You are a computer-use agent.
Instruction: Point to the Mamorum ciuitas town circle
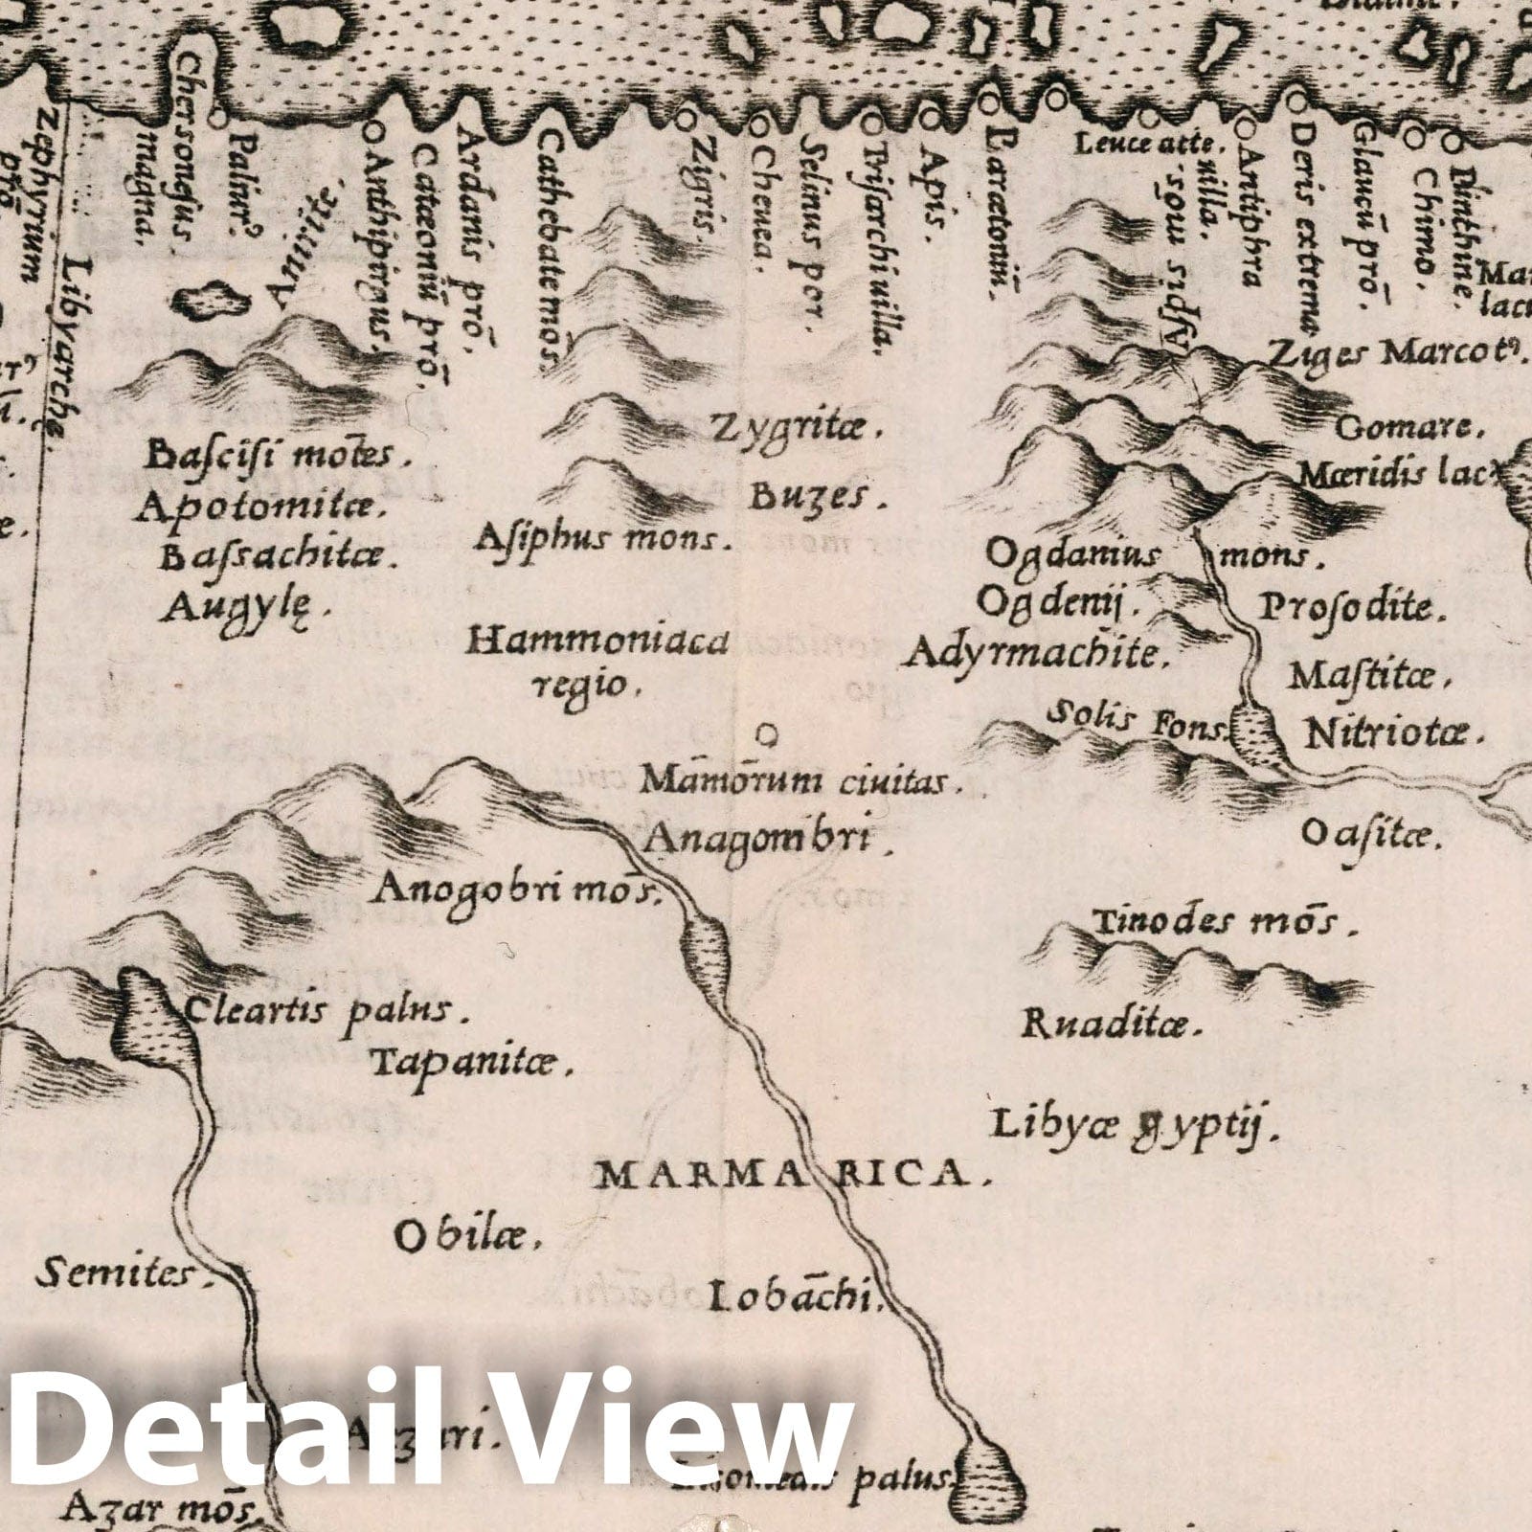coord(766,735)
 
